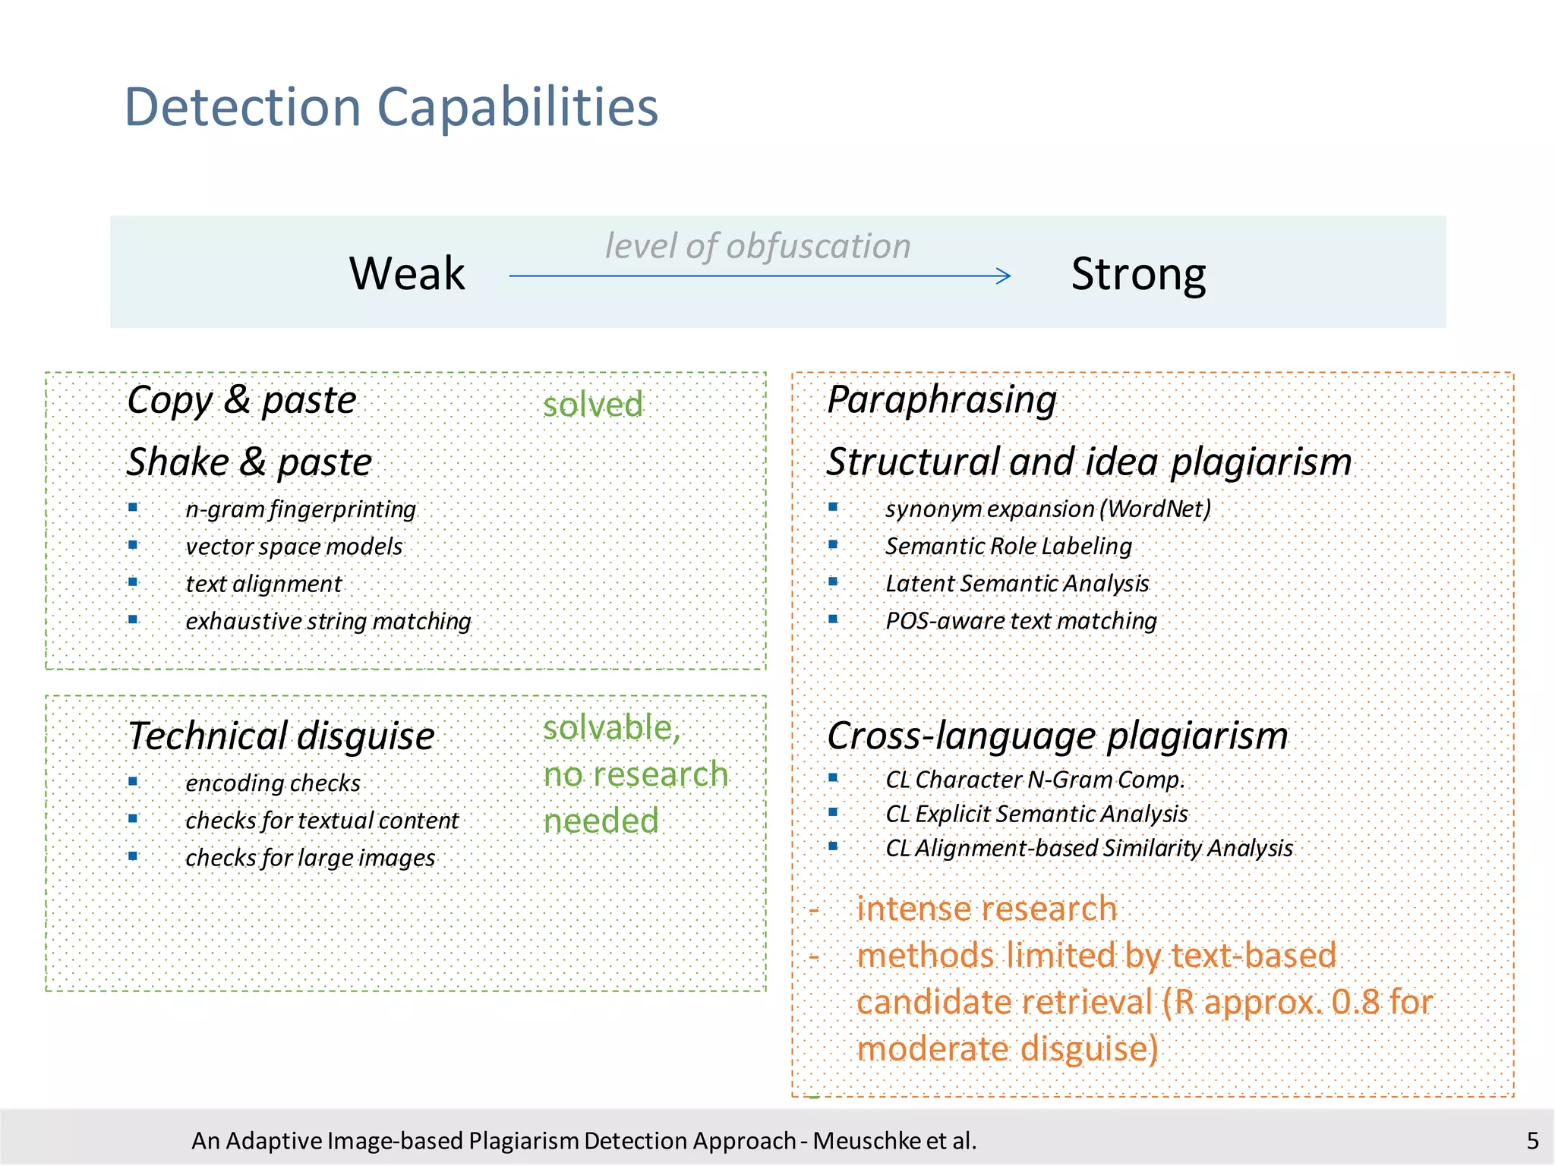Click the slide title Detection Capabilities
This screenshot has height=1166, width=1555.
(391, 107)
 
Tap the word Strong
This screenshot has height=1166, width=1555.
(1138, 275)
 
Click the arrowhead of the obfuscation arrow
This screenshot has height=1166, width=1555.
(1004, 276)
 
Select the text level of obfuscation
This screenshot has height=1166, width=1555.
(757, 246)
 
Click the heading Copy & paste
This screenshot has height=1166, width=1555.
(241, 400)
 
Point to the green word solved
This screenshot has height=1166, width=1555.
(593, 405)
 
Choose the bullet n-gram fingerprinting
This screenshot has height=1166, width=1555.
(301, 509)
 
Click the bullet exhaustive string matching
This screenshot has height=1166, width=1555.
(328, 622)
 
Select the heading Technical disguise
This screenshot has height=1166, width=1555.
(281, 736)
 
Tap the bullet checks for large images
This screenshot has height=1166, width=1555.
(310, 858)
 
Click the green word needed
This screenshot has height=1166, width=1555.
(601, 821)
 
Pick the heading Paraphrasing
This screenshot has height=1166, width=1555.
(942, 400)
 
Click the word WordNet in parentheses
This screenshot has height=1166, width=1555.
(1155, 509)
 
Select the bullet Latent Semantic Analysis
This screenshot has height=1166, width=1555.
(1017, 584)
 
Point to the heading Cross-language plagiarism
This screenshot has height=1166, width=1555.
(1057, 736)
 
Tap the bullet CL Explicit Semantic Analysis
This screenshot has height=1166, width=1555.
(1036, 814)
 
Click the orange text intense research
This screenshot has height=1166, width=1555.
(986, 909)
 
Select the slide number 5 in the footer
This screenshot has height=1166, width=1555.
(1532, 1141)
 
